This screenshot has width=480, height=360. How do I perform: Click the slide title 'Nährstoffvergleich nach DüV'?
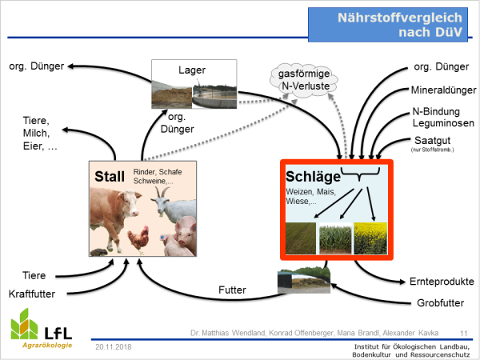click(399, 25)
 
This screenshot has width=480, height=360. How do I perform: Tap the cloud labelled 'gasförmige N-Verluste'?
click(304, 80)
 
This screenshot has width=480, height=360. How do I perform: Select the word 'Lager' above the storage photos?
click(192, 70)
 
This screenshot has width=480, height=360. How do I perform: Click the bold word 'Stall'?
click(110, 176)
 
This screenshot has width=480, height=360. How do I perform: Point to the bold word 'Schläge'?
click(313, 177)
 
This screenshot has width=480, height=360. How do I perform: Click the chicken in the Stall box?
click(139, 239)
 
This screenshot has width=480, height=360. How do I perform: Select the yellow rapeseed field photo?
click(370, 238)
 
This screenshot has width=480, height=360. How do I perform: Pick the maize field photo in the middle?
click(335, 238)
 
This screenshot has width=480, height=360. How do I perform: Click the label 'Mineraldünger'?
click(443, 90)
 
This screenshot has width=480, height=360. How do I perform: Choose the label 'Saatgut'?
click(432, 141)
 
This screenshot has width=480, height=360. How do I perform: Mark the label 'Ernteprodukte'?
click(442, 282)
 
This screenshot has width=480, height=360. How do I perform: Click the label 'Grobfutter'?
click(440, 303)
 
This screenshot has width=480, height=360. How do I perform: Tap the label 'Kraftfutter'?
click(32, 294)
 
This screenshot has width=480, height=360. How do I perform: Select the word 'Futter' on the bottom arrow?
click(232, 290)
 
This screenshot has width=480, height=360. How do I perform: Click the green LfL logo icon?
click(24, 324)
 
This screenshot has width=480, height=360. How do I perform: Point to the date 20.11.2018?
click(114, 347)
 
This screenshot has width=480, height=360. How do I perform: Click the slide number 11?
click(464, 333)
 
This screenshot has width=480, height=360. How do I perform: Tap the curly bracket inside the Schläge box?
click(360, 174)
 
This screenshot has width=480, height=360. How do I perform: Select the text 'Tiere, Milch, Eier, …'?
click(40, 133)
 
